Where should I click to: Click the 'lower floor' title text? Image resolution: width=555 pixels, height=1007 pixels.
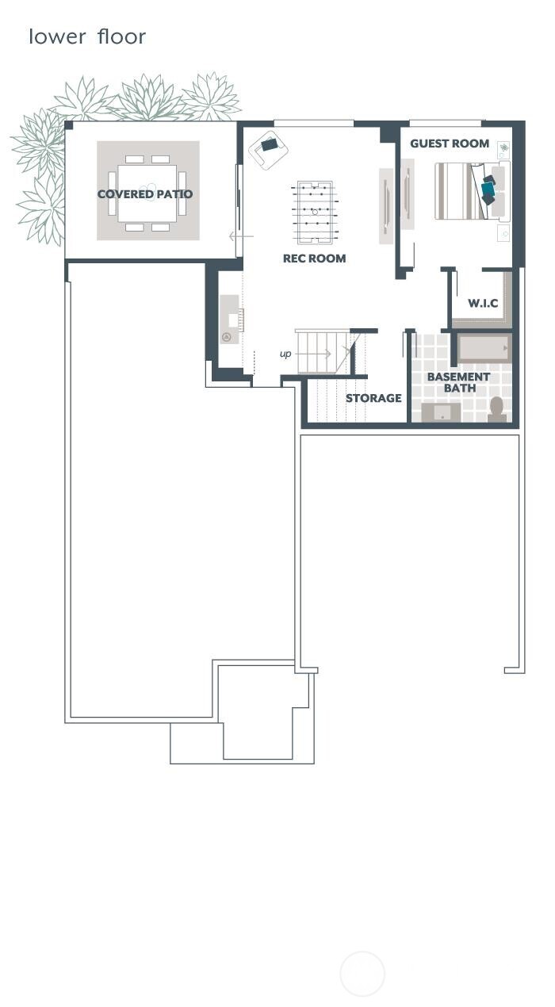87,36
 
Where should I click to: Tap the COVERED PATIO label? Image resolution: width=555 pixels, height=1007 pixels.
145,194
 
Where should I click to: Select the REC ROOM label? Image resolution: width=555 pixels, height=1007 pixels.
314,258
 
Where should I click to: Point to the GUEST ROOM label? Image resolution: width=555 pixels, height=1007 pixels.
449,144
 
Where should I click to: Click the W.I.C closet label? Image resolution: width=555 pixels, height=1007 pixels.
482,303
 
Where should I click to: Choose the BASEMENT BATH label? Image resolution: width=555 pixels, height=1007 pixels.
458,382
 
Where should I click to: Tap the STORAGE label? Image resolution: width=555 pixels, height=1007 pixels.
373,398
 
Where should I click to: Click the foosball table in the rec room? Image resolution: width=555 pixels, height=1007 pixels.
315,213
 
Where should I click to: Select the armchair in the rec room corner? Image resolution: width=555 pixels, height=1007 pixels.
268,147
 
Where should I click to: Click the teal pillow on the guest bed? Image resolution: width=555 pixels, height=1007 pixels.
488,190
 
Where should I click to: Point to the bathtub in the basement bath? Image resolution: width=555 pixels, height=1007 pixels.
483,348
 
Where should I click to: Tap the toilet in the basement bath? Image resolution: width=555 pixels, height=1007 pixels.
497,408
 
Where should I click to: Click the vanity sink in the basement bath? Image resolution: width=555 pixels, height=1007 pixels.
440,412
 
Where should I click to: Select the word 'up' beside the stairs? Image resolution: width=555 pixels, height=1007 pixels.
285,354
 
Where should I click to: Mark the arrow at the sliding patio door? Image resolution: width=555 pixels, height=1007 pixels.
241,236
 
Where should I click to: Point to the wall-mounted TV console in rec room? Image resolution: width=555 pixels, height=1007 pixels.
386,206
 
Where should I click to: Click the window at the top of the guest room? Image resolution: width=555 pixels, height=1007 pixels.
445,123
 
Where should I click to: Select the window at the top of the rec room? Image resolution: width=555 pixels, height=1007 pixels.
314,123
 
